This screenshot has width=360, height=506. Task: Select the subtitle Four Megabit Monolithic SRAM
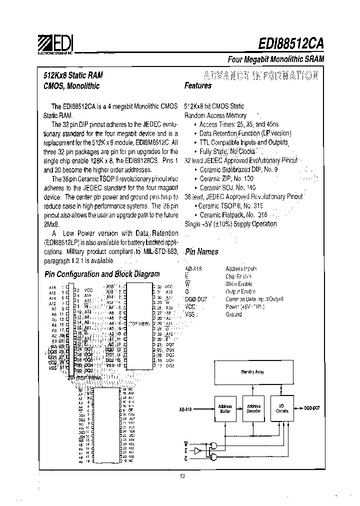pos(276,59)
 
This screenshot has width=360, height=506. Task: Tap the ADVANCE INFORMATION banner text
pos(251,75)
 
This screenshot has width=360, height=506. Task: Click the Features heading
pos(198,85)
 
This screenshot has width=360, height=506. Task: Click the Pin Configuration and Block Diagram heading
pos(102,274)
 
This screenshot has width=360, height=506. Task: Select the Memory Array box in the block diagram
pos(252,372)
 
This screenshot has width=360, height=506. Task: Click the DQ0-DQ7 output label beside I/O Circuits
pos(311,408)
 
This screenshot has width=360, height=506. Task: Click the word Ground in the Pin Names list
pos(233,314)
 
